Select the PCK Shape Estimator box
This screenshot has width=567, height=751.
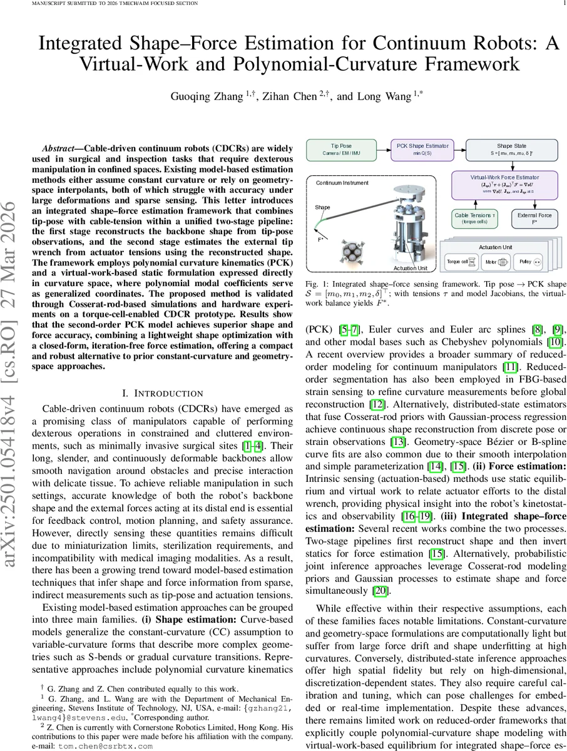click(x=423, y=150)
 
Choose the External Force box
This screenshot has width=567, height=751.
click(x=534, y=218)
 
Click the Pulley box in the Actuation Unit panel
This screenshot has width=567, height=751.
click(x=533, y=262)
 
